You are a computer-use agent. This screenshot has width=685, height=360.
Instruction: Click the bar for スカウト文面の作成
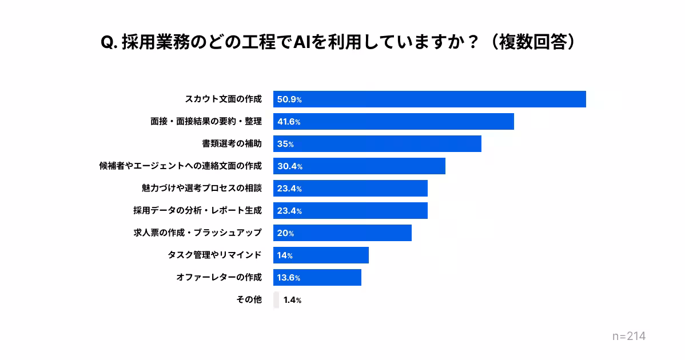429,99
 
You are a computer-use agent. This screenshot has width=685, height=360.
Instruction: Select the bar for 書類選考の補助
377,143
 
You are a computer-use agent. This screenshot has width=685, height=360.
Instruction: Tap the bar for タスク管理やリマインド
321,255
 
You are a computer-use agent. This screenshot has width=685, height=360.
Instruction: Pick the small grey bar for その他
276,299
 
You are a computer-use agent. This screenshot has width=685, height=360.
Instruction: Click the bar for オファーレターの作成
317,277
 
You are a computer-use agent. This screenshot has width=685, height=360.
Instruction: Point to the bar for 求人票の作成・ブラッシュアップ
342,233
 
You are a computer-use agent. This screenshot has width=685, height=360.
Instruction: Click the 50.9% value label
289,99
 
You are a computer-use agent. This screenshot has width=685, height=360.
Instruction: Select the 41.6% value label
289,122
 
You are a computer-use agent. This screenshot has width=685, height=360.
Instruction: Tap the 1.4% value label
292,300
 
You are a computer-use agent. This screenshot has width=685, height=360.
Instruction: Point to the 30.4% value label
289,166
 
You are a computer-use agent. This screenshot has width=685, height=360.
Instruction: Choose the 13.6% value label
289,278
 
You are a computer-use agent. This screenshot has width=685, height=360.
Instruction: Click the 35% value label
285,144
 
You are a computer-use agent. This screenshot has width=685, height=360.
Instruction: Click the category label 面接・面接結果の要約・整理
206,121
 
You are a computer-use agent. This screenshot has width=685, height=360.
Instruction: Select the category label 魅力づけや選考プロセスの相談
201,188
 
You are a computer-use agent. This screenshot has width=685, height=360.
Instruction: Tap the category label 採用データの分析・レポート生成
197,210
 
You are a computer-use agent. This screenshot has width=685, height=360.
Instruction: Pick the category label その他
249,299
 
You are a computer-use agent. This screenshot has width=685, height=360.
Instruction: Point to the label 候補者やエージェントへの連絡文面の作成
180,166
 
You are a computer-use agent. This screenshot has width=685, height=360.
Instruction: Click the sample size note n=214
628,337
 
